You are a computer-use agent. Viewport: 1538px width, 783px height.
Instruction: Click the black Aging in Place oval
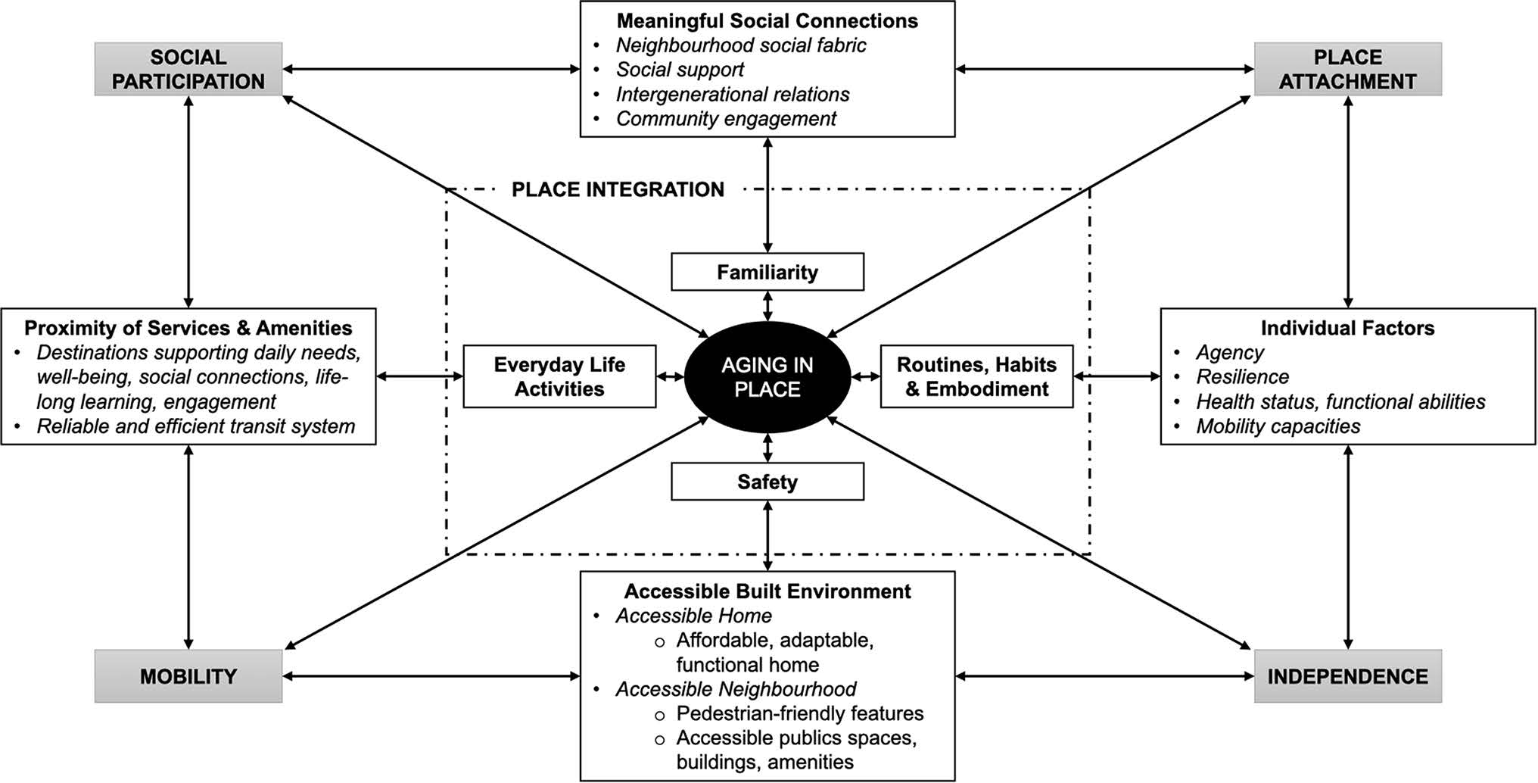(767, 377)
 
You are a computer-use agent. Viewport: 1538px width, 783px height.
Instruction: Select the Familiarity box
(767, 272)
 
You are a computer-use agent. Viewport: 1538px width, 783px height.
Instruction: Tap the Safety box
(767, 482)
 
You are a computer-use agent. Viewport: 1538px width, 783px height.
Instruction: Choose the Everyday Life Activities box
(559, 376)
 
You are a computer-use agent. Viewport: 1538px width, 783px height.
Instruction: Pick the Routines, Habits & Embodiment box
(976, 376)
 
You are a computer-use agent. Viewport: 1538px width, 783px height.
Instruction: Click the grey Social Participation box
(188, 69)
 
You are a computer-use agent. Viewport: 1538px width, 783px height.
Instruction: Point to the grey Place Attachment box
(1347, 69)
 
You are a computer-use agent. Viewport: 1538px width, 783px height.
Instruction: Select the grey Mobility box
(188, 676)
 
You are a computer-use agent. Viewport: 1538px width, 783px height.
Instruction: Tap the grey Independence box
(1347, 676)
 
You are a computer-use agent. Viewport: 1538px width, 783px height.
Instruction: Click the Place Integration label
(618, 189)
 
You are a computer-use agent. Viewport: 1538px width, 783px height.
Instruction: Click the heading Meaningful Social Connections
(767, 21)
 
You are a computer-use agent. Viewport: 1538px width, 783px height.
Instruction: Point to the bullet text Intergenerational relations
(732, 95)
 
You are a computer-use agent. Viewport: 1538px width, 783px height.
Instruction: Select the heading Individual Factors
(1347, 328)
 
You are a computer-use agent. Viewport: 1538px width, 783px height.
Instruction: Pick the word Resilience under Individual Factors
(1242, 377)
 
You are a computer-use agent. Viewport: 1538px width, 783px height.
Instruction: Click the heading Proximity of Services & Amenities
(188, 328)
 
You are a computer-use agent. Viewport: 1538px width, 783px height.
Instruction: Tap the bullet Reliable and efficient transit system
(195, 426)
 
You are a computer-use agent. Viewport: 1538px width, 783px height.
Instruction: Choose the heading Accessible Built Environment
(767, 591)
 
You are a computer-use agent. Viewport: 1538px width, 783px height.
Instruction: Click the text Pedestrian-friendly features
(799, 713)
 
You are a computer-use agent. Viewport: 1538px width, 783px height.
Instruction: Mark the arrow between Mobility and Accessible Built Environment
(431, 676)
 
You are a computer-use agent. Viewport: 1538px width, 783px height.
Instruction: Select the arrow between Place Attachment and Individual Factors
(1347, 201)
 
